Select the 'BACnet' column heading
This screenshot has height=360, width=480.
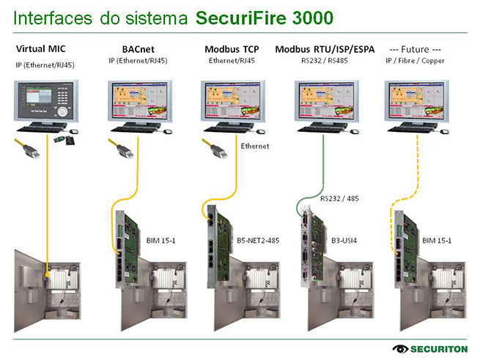click(x=138, y=49)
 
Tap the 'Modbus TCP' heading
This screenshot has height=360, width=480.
click(x=232, y=49)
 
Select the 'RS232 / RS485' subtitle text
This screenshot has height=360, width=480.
click(x=324, y=61)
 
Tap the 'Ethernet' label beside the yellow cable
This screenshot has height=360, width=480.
click(x=255, y=146)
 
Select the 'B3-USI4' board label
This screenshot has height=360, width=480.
click(x=345, y=240)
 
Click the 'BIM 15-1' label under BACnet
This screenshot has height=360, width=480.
click(x=161, y=240)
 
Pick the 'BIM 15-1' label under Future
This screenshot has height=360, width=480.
click(x=437, y=240)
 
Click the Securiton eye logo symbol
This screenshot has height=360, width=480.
click(x=402, y=348)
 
